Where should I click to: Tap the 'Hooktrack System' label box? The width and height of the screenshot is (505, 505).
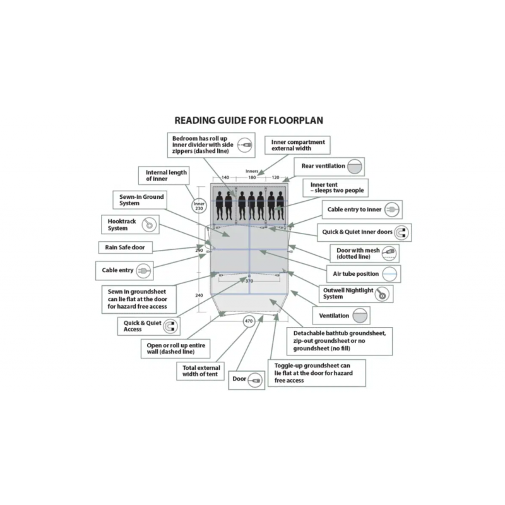click(x=130, y=225)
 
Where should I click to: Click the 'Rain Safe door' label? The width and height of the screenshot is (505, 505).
click(x=125, y=247)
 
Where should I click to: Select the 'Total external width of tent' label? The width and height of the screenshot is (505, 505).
click(x=201, y=371)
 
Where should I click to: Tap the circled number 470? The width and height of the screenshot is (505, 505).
click(x=249, y=321)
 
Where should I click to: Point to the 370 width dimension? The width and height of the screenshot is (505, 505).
click(x=249, y=281)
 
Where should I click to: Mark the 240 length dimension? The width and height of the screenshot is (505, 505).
click(x=199, y=295)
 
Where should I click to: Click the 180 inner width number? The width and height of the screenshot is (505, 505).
click(x=252, y=178)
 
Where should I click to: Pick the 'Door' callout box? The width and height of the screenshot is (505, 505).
click(x=246, y=379)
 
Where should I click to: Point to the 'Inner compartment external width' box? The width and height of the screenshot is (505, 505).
click(x=299, y=145)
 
